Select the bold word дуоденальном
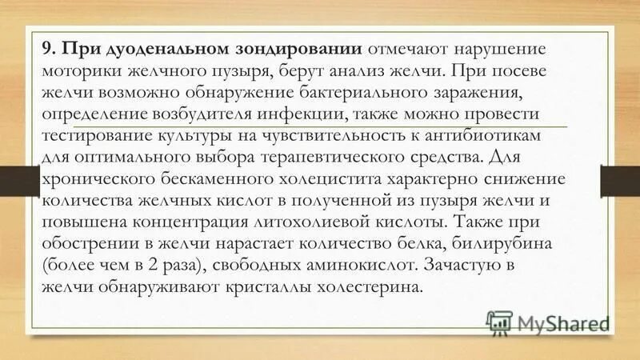tap(165, 49)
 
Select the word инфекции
tap(325, 114)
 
